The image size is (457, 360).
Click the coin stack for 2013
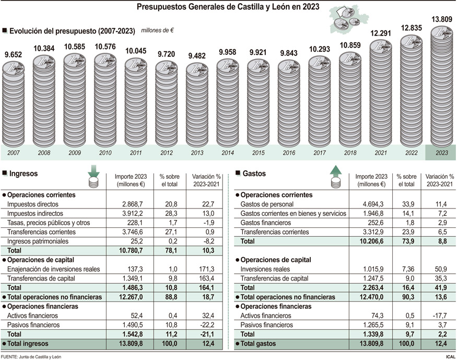(x=197, y=105)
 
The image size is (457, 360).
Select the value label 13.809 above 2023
(x=441, y=19)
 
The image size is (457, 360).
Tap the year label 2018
(x=350, y=153)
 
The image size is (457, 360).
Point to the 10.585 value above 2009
(x=75, y=47)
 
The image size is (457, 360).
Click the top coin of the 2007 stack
(x=14, y=69)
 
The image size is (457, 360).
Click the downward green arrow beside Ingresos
(x=94, y=171)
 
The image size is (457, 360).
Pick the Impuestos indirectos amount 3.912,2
(x=133, y=213)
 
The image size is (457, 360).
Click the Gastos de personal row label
(x=267, y=204)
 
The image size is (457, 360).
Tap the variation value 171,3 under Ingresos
(x=206, y=269)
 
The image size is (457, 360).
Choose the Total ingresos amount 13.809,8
(x=131, y=344)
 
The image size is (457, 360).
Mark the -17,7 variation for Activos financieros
(x=440, y=316)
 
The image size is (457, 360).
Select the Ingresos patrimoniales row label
(x=38, y=241)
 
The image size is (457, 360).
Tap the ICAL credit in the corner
(x=451, y=357)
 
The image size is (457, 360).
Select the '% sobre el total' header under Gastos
(x=406, y=180)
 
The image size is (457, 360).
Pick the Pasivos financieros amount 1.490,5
(x=133, y=325)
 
